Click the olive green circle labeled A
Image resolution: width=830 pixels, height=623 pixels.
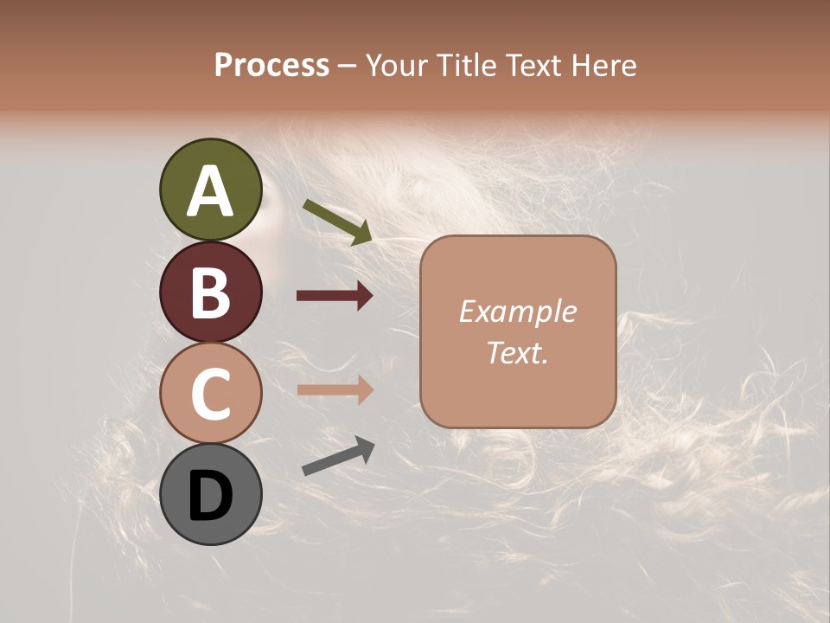(x=210, y=189)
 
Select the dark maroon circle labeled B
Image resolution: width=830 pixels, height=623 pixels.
(x=210, y=292)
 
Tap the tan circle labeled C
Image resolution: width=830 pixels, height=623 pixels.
(x=210, y=393)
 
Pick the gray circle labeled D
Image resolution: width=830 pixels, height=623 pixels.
(x=210, y=494)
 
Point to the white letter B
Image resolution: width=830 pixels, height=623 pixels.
(x=210, y=292)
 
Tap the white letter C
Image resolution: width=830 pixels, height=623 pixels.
(x=210, y=394)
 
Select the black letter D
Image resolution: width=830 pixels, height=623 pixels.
(x=210, y=496)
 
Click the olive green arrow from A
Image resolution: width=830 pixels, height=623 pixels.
(x=337, y=222)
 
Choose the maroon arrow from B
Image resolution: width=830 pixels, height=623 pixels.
(x=335, y=296)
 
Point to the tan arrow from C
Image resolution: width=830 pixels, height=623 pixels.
(x=335, y=389)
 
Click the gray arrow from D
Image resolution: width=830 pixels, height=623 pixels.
(x=338, y=457)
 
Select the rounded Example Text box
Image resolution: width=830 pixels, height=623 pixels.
(x=518, y=331)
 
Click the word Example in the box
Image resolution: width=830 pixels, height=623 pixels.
(x=518, y=311)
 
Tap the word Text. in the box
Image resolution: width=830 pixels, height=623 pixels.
(x=518, y=352)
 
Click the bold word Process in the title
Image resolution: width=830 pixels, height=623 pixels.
(x=271, y=65)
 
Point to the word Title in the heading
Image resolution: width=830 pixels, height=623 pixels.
(x=465, y=65)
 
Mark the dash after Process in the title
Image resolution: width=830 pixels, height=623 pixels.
(x=348, y=67)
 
